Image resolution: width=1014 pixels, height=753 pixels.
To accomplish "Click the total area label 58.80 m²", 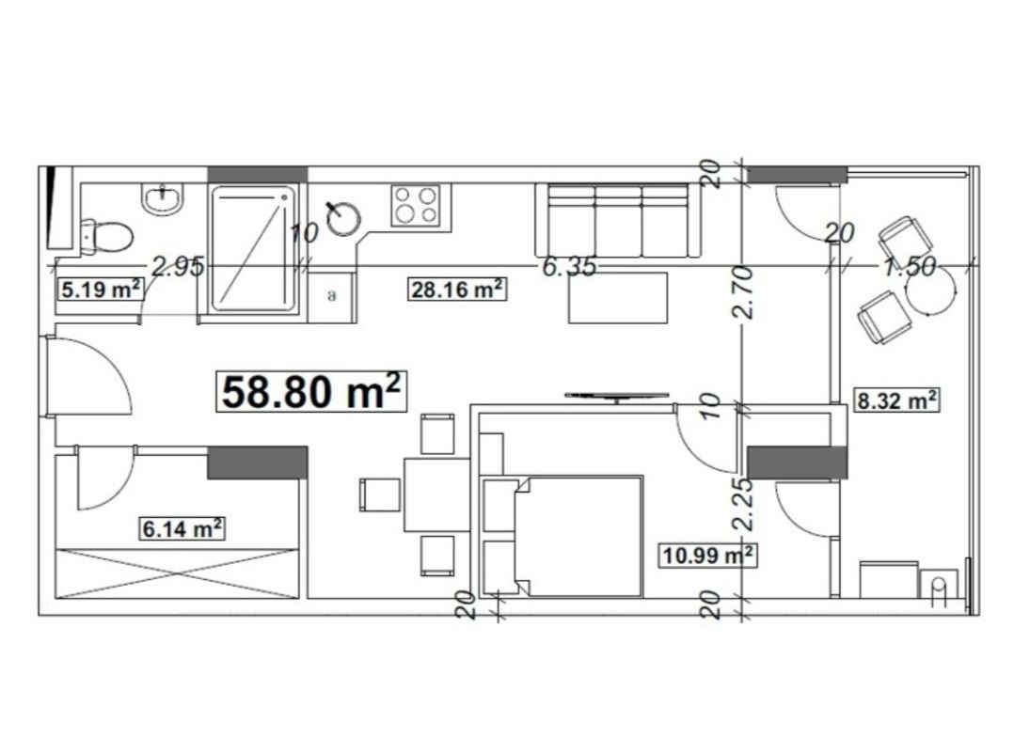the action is [311, 391].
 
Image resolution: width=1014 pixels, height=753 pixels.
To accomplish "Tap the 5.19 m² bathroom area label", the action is [101, 289].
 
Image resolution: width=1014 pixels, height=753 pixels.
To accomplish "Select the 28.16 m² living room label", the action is [457, 289].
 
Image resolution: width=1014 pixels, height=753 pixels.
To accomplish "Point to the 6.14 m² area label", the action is [183, 528].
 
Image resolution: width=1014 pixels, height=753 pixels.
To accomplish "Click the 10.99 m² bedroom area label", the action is [707, 555].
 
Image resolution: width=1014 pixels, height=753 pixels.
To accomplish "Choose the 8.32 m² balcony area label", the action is [895, 400].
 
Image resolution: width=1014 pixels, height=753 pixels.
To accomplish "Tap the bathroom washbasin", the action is [163, 197].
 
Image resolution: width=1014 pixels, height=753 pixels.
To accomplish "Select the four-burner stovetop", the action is [415, 205].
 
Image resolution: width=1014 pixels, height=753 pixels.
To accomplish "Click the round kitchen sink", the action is [343, 218].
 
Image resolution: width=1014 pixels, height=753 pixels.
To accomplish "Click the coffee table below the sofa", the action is [618, 297].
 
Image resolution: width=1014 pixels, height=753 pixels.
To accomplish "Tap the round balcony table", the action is [930, 290].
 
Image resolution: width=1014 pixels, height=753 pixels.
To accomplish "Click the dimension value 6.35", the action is [569, 266].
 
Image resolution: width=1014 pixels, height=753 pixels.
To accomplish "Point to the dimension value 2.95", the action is [178, 266].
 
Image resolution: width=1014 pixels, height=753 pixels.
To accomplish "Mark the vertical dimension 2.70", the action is [745, 292].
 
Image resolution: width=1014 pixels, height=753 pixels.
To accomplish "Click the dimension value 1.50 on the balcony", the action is [910, 266].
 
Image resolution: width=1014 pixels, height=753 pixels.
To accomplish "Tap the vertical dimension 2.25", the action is [745, 505].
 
